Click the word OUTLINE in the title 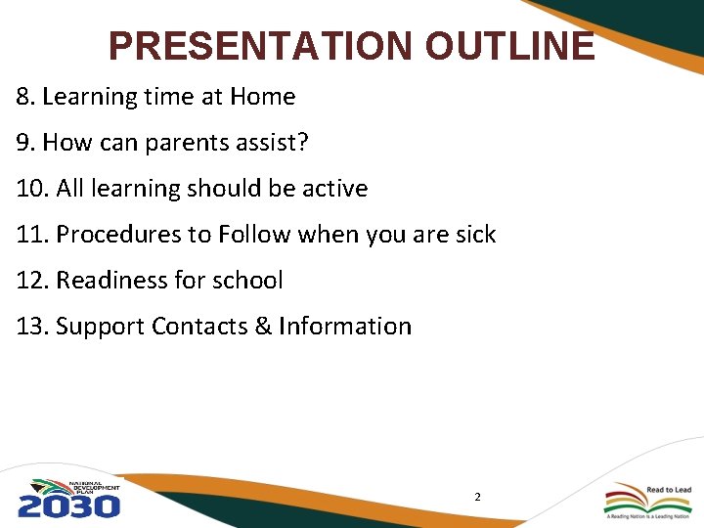click(x=508, y=46)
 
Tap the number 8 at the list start click(x=22, y=97)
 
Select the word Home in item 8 click(x=262, y=97)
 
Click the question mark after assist click(x=303, y=143)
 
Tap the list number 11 click(x=31, y=235)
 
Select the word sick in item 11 click(x=473, y=235)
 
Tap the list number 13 click(x=31, y=327)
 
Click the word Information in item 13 click(x=345, y=327)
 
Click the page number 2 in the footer click(x=477, y=498)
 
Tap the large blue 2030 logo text click(x=68, y=506)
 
